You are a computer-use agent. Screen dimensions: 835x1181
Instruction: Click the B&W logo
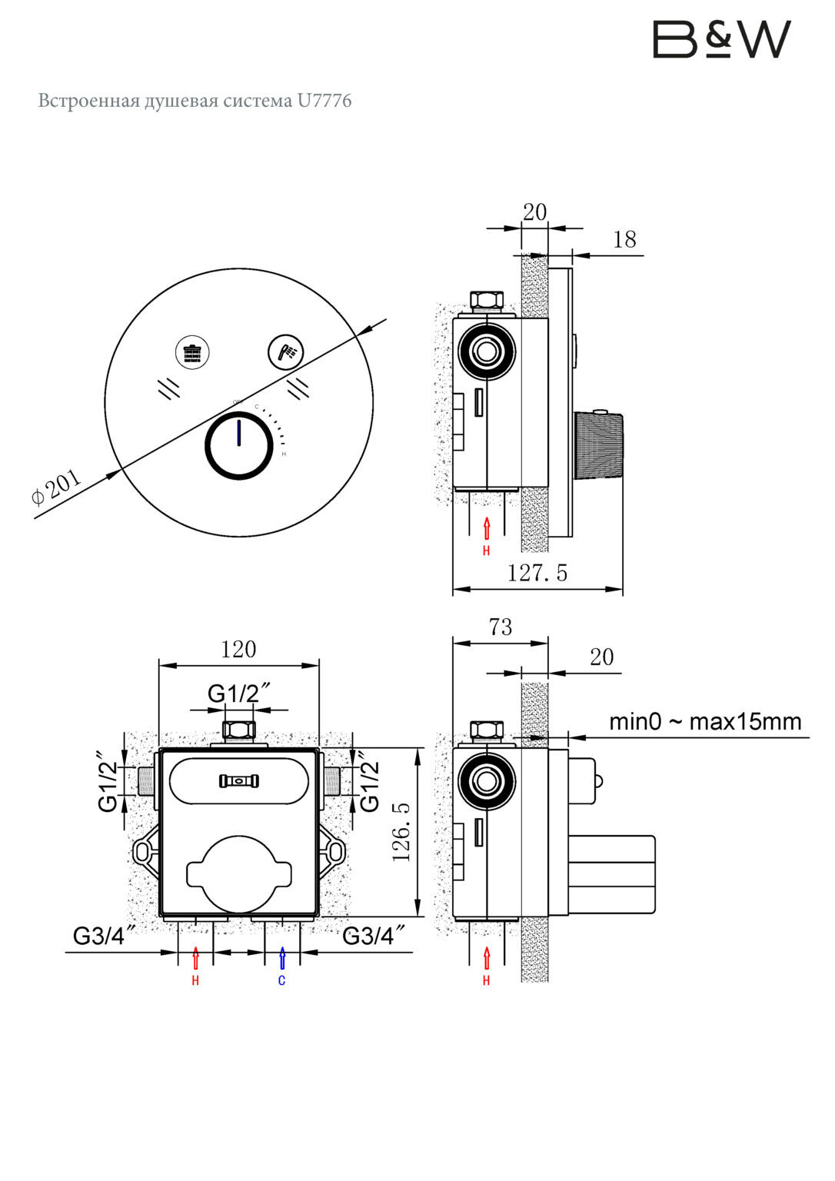click(722, 39)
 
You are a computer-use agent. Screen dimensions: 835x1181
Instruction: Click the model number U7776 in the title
click(324, 100)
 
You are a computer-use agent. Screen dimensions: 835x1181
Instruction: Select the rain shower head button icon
click(192, 352)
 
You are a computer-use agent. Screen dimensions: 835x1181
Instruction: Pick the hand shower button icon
click(286, 351)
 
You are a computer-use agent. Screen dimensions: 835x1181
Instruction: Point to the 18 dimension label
click(624, 240)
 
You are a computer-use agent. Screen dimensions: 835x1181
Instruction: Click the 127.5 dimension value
click(537, 573)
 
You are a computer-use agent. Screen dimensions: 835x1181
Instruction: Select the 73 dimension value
click(501, 627)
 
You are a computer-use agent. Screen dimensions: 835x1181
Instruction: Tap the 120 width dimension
click(238, 650)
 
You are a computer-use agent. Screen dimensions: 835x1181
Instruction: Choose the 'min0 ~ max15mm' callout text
click(705, 722)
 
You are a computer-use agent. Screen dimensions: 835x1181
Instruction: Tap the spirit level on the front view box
click(239, 780)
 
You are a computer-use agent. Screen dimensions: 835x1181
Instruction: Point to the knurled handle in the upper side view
click(597, 446)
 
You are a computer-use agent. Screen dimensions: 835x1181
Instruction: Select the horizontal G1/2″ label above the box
click(240, 694)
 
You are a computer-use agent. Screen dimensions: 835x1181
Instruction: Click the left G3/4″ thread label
click(105, 936)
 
